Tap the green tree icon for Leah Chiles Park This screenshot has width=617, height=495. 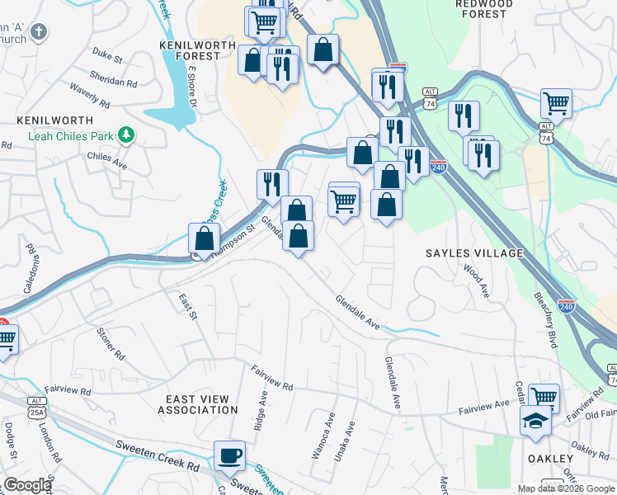125,134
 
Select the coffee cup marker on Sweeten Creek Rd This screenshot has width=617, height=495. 229,456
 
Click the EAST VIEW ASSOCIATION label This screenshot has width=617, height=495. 198,403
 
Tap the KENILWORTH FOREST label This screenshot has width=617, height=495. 191,49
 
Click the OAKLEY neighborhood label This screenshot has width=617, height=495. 549,458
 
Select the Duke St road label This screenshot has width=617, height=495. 107,59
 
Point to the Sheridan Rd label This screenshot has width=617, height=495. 115,82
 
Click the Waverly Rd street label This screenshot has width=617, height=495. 90,97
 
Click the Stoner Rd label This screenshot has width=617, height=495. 111,345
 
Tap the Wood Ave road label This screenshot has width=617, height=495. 477,280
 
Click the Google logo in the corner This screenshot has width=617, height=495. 27,485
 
